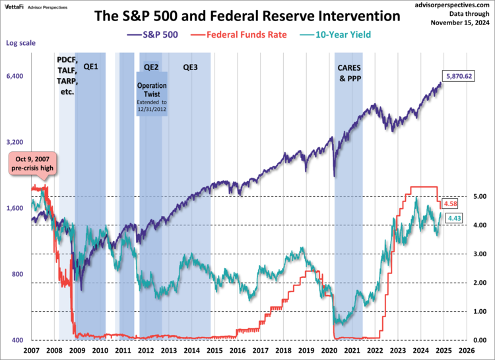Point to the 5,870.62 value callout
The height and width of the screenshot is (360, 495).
[460, 77]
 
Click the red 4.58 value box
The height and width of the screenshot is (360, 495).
[451, 203]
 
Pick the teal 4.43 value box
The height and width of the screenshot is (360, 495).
[453, 218]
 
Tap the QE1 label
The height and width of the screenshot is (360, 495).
[90, 67]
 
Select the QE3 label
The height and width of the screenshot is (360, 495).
[190, 67]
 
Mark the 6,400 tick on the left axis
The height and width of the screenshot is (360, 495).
[15, 76]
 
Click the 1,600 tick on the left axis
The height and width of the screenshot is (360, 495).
[15, 208]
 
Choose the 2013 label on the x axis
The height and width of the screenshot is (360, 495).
[168, 350]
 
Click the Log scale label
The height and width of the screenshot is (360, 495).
[20, 43]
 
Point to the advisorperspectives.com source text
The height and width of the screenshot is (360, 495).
[445, 5]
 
